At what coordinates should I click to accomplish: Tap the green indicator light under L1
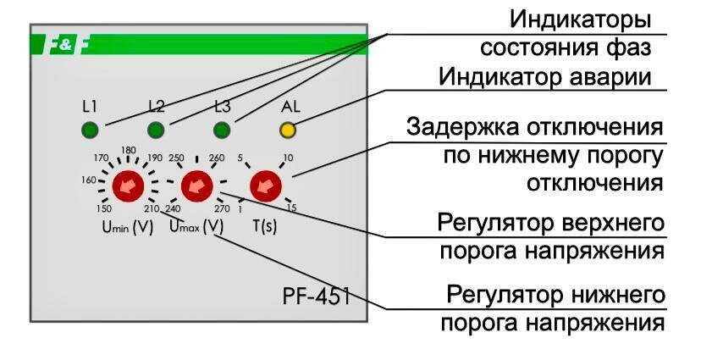tap(90, 130)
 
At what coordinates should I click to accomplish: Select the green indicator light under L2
tap(156, 130)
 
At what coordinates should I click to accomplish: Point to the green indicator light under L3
tap(222, 130)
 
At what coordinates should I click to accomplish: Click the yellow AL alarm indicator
tap(288, 130)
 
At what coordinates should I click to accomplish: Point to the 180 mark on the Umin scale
tap(129, 151)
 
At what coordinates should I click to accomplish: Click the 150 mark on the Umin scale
tap(103, 209)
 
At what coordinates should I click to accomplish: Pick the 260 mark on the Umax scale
tap(217, 158)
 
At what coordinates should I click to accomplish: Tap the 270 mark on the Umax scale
tap(223, 209)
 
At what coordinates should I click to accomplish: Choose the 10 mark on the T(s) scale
tap(288, 158)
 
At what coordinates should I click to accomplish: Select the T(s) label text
tap(265, 226)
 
